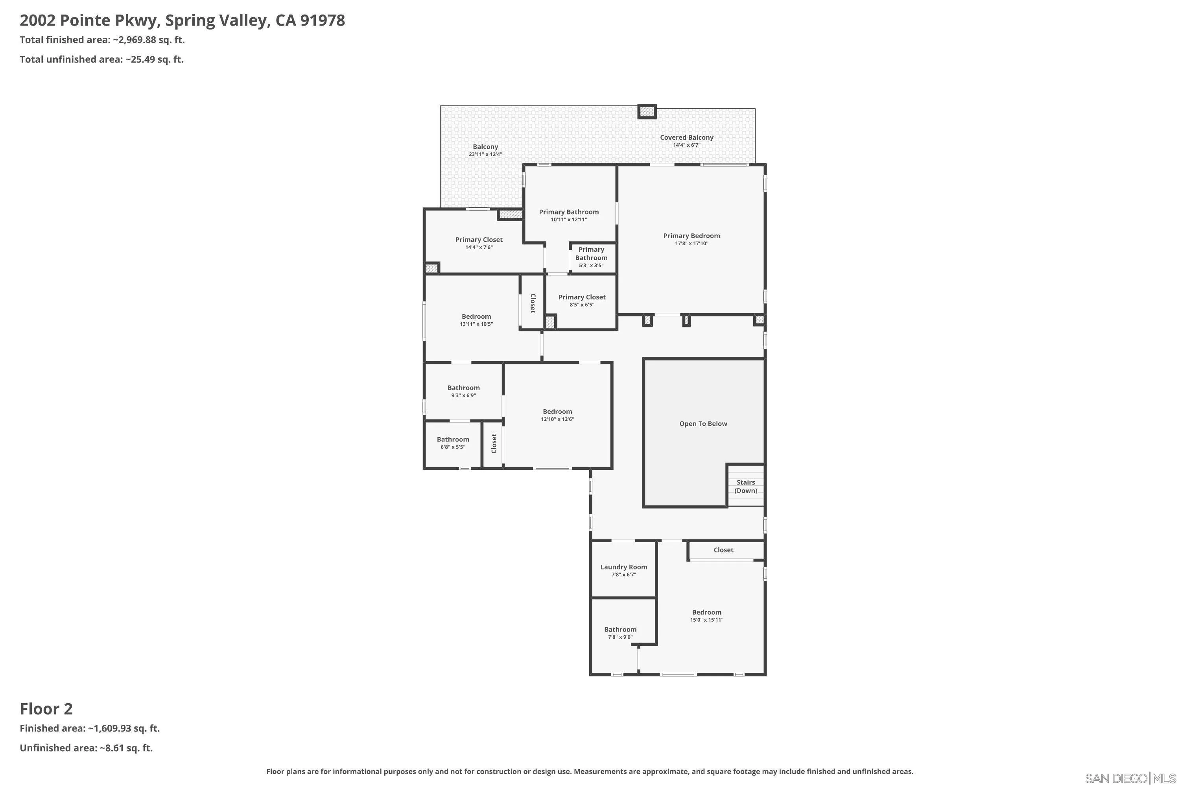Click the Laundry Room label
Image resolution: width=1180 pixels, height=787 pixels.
pos(623,567)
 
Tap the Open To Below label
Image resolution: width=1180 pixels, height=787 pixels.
pos(703,424)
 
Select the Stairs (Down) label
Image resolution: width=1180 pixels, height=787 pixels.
pos(745,486)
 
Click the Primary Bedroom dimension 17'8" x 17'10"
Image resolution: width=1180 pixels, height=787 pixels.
pos(691,244)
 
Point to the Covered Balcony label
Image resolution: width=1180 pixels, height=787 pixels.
pos(686,137)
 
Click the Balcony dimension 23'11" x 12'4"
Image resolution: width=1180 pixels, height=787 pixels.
pos(485,155)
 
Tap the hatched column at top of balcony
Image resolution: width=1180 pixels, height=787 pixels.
pos(647,111)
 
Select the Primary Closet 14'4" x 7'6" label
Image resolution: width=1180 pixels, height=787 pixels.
pos(479,240)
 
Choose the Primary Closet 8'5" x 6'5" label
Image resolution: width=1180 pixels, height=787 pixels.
pos(582,297)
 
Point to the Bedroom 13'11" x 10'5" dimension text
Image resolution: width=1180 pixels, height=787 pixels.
pos(476,324)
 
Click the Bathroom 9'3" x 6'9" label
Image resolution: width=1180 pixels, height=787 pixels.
pos(464,388)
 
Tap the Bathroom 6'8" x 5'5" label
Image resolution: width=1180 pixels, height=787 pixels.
pos(453,440)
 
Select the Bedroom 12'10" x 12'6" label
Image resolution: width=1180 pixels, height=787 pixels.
pos(557,412)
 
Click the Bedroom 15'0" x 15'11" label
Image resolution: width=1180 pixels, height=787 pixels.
pos(706,612)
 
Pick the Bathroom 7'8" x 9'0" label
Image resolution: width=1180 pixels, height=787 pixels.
pos(620,629)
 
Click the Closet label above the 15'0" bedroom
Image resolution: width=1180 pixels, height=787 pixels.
pos(723,550)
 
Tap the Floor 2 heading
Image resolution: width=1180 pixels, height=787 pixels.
pos(46,709)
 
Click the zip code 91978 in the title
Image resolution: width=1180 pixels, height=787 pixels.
pos(323,20)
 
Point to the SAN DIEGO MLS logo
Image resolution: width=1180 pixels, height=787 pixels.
pos(1131,778)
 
